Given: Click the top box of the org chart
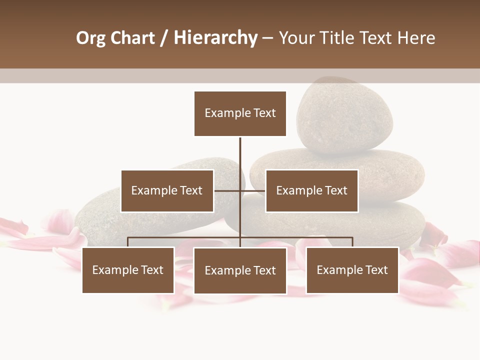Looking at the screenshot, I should click(240, 113).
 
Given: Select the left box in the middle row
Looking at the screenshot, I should click(167, 190).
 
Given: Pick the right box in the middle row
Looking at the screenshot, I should click(311, 190).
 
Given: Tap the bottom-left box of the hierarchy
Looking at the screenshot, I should click(128, 270).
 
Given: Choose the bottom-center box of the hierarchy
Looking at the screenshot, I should click(240, 270).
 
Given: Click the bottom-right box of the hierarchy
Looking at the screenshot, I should click(352, 270).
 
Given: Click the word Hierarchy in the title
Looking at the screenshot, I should click(215, 38).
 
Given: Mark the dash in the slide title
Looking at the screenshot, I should click(267, 38).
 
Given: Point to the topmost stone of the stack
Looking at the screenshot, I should click(345, 115).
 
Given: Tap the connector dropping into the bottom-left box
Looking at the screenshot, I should click(128, 242).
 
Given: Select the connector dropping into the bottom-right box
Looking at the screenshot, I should click(352, 242).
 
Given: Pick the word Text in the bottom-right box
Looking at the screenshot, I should click(376, 270).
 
